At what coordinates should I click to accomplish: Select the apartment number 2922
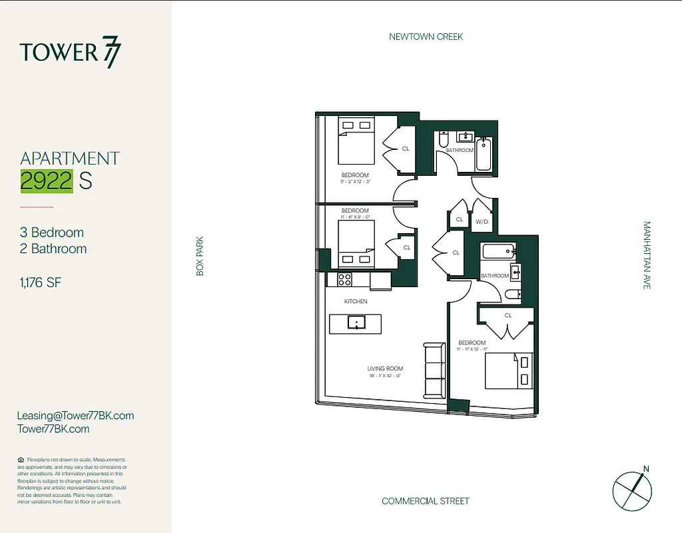point(47,181)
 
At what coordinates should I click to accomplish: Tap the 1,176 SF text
point(41,282)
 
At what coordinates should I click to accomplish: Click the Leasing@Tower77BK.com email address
point(75,415)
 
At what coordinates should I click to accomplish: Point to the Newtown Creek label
point(426,37)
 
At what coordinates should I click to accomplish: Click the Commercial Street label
point(426,501)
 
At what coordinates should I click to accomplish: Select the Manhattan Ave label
point(646,255)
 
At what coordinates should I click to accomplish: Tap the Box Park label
point(199,257)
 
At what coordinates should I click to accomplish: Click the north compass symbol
point(631,490)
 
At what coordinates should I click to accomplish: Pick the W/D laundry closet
point(481,221)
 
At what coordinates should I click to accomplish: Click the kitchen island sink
point(356,324)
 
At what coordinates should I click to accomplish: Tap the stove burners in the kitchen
point(345,280)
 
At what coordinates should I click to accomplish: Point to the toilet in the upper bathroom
point(443,142)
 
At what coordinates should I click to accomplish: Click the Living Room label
point(385,368)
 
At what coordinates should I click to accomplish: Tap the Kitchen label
point(356,302)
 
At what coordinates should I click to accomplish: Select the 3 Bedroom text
point(52,233)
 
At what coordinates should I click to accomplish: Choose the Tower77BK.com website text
point(53,429)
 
